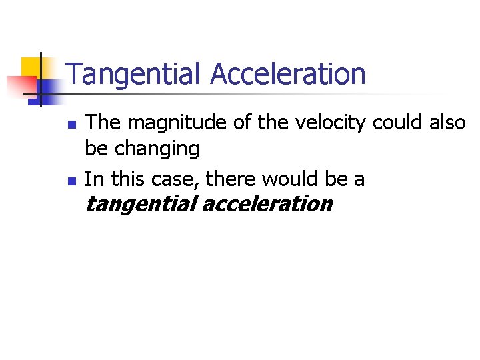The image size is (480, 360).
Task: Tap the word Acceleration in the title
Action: pyautogui.click(x=288, y=75)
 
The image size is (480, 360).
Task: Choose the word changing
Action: pyautogui.click(x=157, y=149)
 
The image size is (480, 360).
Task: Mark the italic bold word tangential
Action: pyautogui.click(x=140, y=204)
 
